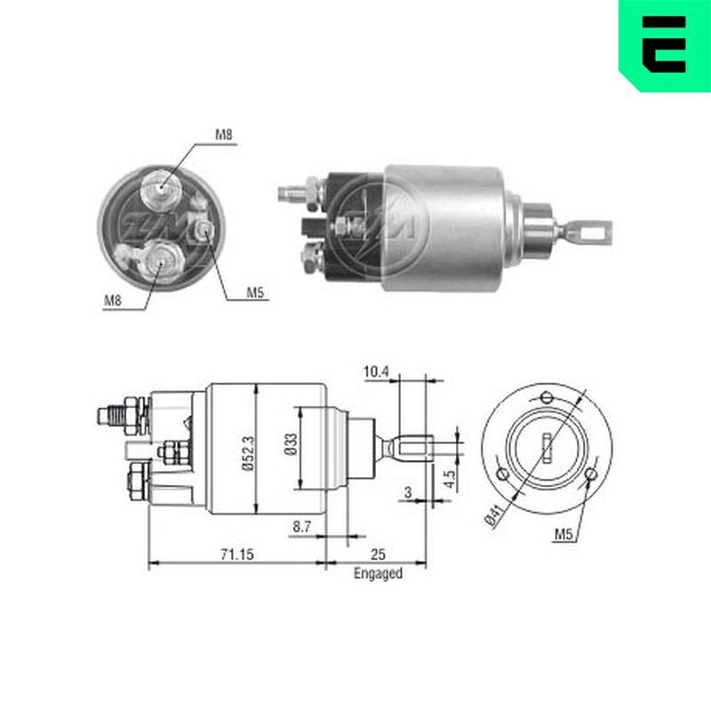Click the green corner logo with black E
click(x=665, y=45)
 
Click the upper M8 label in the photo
click(x=224, y=135)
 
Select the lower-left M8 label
click(x=113, y=300)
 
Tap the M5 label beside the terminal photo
click(x=255, y=292)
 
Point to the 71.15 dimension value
click(x=237, y=554)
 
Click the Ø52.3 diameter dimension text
click(x=248, y=453)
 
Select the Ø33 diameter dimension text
click(x=291, y=443)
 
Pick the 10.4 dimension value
click(x=376, y=371)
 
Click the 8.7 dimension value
click(x=301, y=526)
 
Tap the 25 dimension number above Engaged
click(x=378, y=554)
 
